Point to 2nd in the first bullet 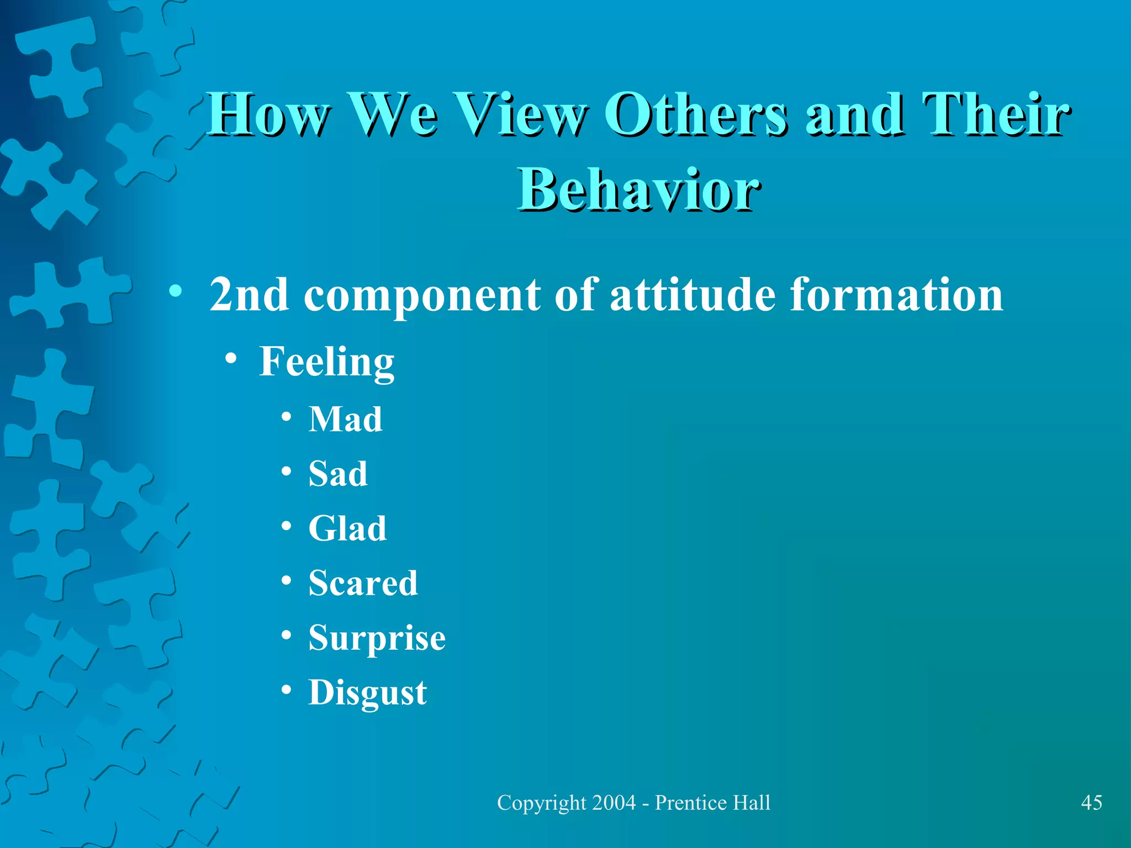[249, 295]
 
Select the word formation [896, 295]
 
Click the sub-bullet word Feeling [327, 362]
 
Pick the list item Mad [345, 419]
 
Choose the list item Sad [337, 474]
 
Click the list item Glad [347, 528]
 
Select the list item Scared [363, 583]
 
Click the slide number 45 [1091, 803]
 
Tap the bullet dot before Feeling [231, 359]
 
